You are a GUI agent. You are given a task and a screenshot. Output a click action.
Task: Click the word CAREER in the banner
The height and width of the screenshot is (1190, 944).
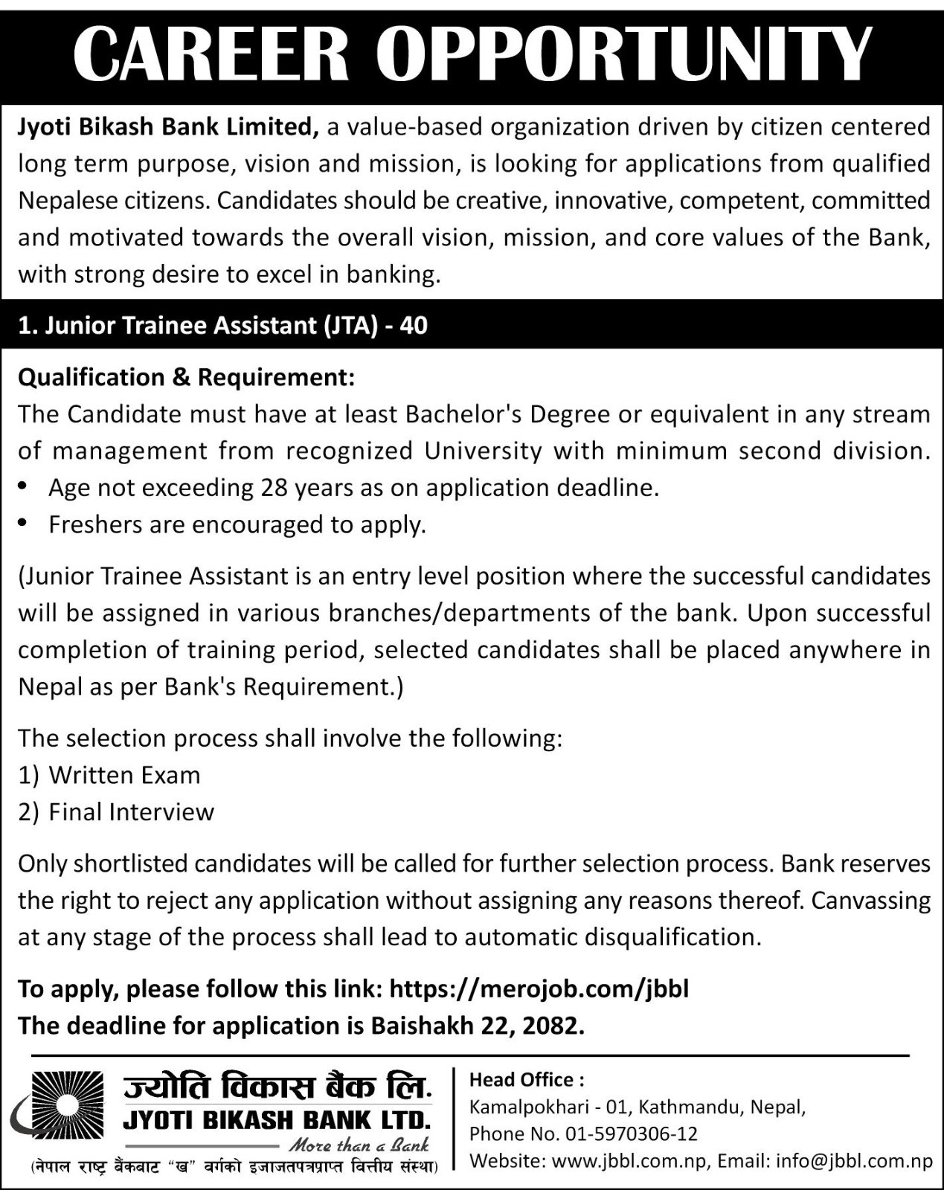[211, 54]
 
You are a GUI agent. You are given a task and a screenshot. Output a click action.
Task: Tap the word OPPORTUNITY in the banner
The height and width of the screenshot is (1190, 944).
[623, 54]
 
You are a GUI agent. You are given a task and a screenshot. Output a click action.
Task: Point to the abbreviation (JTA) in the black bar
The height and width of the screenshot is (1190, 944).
[350, 326]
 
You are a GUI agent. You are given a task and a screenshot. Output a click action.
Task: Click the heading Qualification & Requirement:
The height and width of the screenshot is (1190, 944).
[187, 378]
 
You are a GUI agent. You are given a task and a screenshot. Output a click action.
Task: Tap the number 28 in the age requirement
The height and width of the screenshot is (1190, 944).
[275, 488]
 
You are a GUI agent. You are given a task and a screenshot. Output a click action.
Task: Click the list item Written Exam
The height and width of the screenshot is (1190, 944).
[124, 775]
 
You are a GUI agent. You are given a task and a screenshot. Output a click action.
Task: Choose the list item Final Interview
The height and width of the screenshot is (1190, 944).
[131, 811]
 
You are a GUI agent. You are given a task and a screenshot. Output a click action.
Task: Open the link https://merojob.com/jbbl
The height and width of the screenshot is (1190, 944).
[539, 988]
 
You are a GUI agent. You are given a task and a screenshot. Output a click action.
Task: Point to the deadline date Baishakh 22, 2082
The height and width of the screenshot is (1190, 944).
[477, 1026]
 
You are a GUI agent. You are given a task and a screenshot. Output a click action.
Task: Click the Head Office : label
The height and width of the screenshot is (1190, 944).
[527, 1080]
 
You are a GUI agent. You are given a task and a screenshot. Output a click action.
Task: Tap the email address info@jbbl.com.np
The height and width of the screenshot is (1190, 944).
[854, 1161]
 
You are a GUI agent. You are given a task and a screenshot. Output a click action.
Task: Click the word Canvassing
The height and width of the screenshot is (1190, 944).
[871, 901]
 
